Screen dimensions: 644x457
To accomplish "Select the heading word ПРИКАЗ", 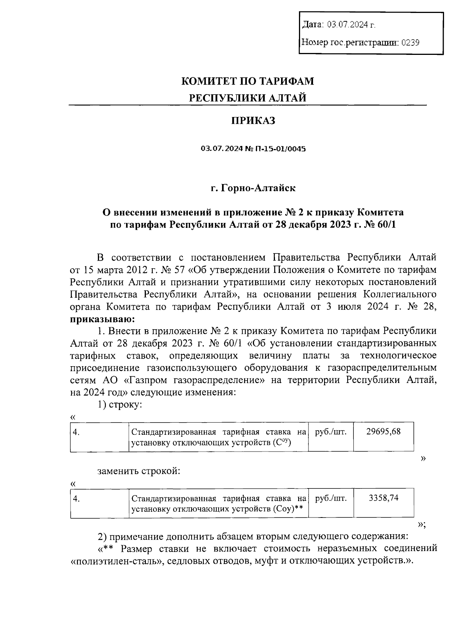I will click(x=253, y=121).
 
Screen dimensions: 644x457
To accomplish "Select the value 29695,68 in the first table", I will click(x=383, y=432).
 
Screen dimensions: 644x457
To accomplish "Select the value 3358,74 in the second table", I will click(x=383, y=498).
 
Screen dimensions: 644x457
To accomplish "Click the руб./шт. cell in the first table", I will click(x=331, y=432).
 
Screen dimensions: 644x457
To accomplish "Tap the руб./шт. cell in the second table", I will click(x=331, y=498).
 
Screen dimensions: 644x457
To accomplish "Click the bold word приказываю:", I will click(x=102, y=319).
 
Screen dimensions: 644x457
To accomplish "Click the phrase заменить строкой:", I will click(x=139, y=471).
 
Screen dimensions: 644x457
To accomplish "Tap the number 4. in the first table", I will click(x=77, y=432).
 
